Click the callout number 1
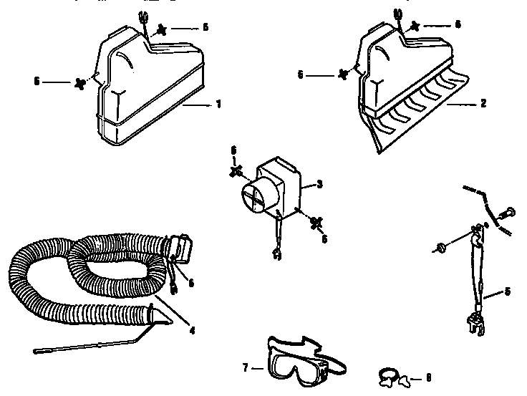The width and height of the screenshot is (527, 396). pos(218,105)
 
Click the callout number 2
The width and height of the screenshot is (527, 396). pos(483,104)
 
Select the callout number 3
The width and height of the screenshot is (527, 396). pos(320,184)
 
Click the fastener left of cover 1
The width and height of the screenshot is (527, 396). pos(79,83)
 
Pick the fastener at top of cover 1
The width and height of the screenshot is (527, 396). pos(162,29)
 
